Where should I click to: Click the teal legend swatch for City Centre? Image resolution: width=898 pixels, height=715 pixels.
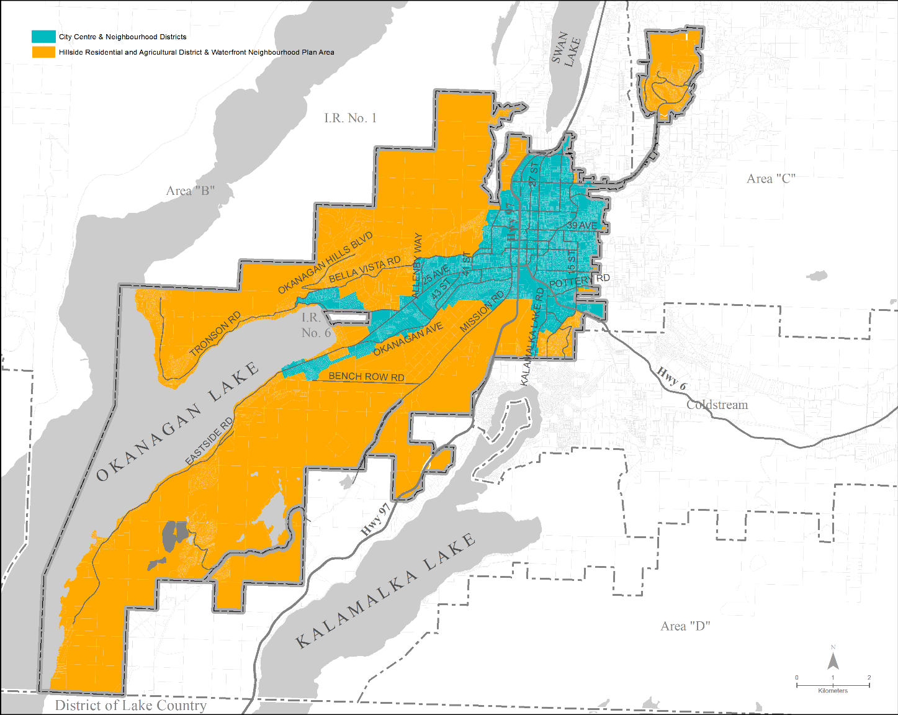tap(43, 37)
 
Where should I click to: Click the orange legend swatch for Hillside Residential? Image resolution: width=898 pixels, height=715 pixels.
tap(43, 52)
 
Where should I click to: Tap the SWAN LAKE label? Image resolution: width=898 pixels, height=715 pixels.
tap(566, 49)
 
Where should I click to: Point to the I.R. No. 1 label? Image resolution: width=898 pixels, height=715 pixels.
tap(350, 118)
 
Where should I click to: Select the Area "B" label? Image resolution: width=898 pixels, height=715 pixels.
tap(191, 191)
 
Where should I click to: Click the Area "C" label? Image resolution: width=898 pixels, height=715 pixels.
tap(771, 179)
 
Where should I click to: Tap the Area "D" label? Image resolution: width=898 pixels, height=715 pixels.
tap(685, 626)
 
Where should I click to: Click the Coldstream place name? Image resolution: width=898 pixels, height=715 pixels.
tap(717, 405)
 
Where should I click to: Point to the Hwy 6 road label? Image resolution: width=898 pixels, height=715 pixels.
tap(672, 378)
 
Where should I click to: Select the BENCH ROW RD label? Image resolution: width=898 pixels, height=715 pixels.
tap(366, 377)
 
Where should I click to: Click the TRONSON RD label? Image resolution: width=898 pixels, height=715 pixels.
tap(215, 334)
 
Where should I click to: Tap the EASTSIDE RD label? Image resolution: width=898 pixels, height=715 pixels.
tap(209, 441)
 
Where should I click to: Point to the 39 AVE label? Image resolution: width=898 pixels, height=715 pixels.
tap(581, 225)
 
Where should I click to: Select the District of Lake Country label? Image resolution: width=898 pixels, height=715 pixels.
tap(130, 706)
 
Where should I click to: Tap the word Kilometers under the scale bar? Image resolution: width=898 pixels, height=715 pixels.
tap(832, 691)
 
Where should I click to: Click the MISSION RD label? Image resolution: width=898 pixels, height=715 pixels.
tap(482, 312)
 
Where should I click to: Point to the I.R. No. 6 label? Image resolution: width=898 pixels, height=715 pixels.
tap(316, 325)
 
